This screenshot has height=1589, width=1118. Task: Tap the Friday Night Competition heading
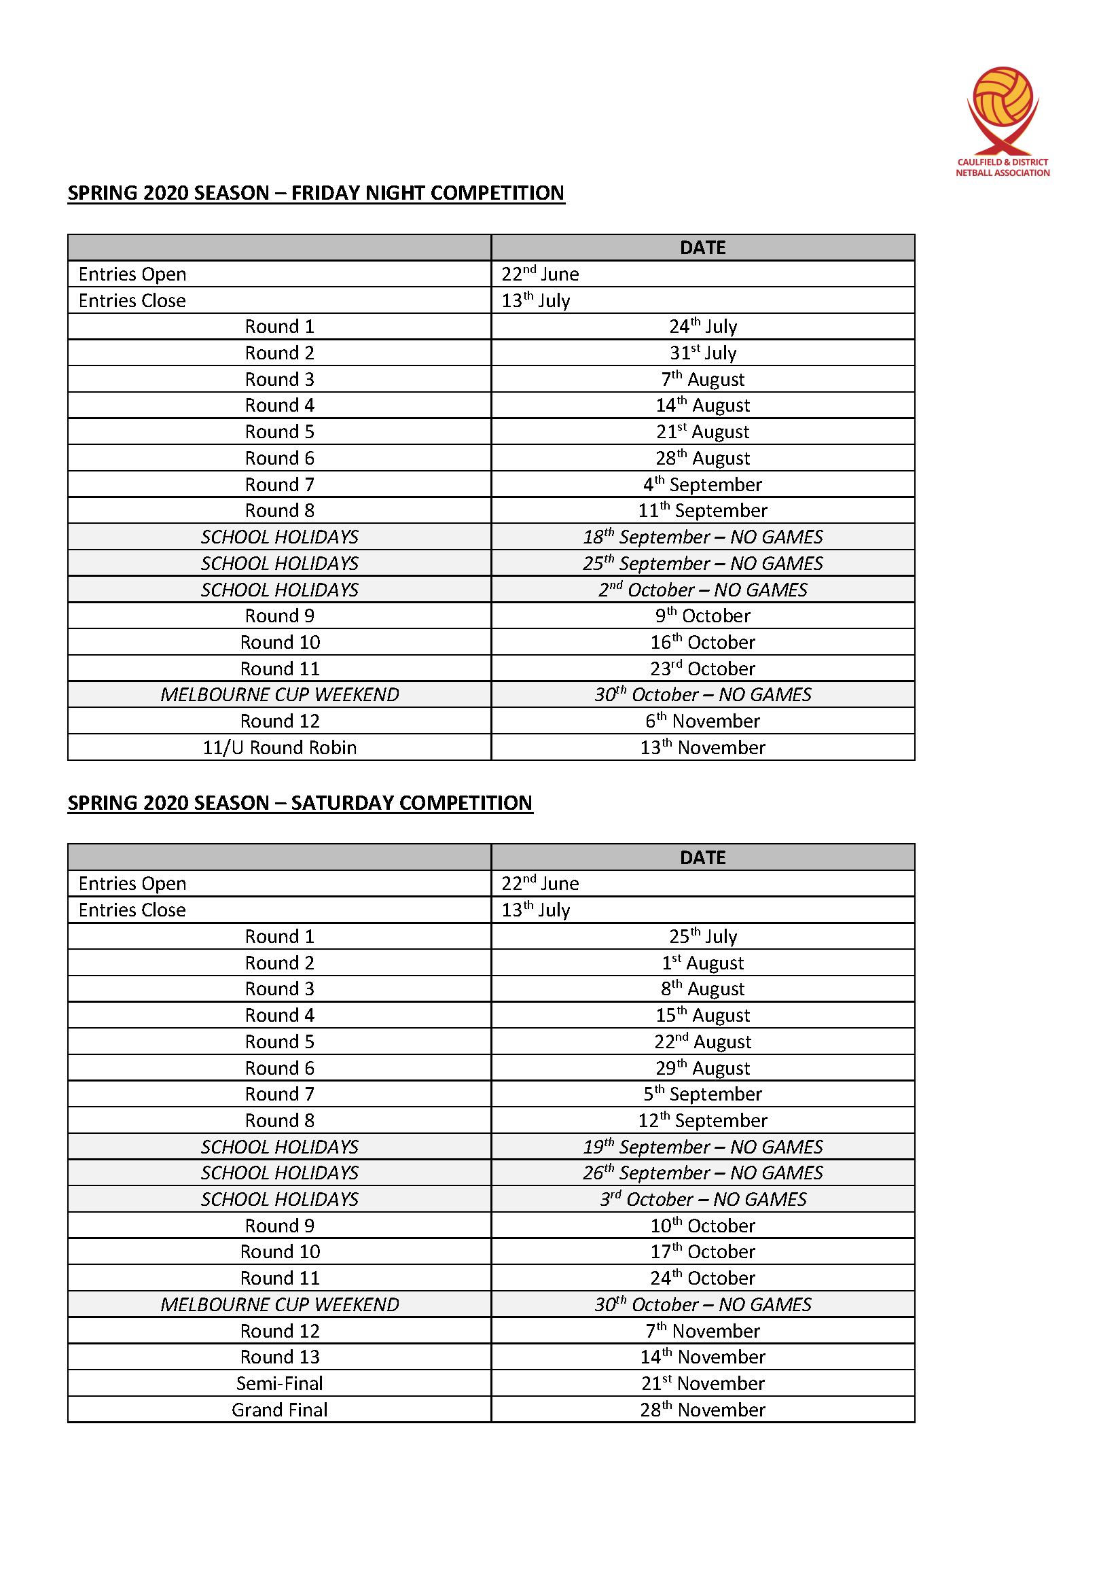coord(315,193)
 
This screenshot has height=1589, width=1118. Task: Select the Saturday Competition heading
coord(300,803)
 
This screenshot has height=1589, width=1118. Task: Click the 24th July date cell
coord(702,327)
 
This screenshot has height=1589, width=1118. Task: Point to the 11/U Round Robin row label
coord(280,747)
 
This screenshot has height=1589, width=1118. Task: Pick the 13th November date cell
coord(702,747)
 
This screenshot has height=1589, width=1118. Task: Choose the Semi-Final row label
coord(280,1383)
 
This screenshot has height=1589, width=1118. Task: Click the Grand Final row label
coord(280,1410)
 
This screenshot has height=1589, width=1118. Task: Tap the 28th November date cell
coord(702,1410)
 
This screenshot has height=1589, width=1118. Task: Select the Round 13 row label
coord(280,1357)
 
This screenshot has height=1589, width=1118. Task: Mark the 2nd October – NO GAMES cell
coord(702,590)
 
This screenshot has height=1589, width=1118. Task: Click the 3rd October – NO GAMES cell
coord(702,1199)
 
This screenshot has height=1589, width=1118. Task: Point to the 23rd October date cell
coord(702,668)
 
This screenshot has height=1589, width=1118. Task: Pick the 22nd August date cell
coord(702,1041)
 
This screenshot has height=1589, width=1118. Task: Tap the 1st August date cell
coord(702,963)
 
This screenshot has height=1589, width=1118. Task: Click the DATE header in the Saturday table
coord(702,857)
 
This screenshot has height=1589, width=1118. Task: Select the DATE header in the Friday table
coord(702,248)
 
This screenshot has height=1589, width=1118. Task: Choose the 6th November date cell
coord(702,721)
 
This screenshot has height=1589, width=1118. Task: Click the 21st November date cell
coord(702,1383)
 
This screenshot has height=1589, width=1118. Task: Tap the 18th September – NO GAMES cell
coord(702,537)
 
